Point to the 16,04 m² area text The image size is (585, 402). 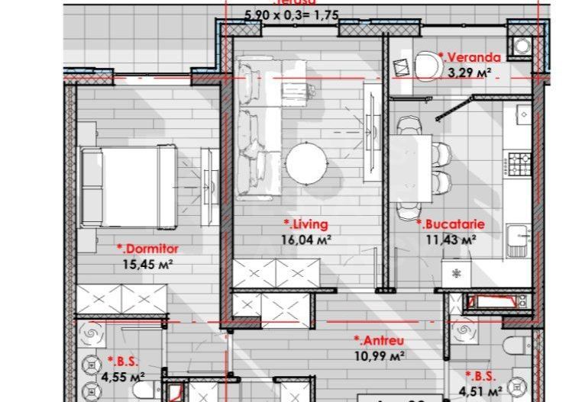(x=307, y=239)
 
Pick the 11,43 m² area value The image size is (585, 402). (x=451, y=239)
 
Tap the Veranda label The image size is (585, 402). (x=469, y=57)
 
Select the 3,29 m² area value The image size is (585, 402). (x=469, y=72)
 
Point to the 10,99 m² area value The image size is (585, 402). (x=378, y=355)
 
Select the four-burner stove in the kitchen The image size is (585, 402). (x=522, y=162)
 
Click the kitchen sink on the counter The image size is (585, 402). (x=522, y=238)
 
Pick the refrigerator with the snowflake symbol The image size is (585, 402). (x=457, y=273)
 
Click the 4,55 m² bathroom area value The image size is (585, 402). (x=126, y=376)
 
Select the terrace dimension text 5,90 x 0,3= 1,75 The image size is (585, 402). (x=290, y=14)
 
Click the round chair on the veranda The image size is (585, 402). (x=425, y=63)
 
